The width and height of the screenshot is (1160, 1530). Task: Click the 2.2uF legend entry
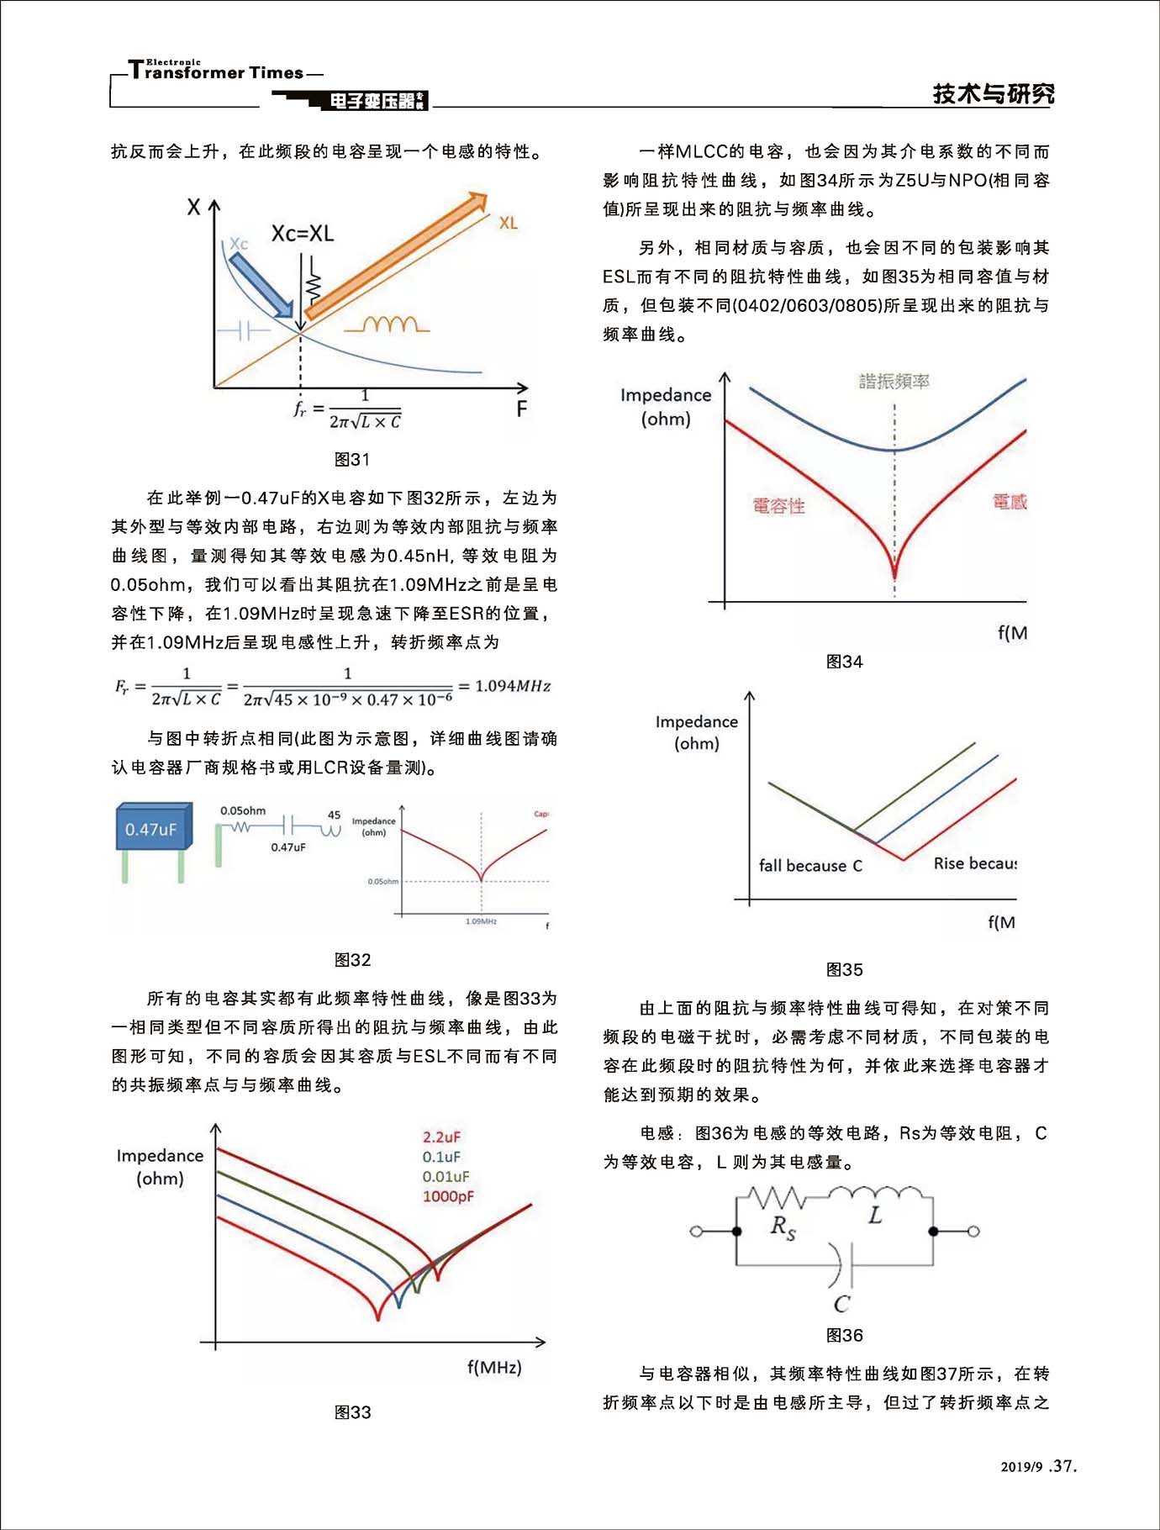[441, 1137]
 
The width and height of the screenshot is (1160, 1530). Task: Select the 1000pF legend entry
[448, 1196]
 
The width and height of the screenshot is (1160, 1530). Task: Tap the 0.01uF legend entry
[446, 1176]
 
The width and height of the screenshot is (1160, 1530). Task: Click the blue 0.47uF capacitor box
[152, 829]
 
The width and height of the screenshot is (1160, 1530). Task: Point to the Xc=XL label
[302, 233]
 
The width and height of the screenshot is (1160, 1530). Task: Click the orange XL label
[508, 223]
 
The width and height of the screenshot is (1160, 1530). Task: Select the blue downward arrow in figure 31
[261, 285]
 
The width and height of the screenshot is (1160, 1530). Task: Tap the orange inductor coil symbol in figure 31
[388, 324]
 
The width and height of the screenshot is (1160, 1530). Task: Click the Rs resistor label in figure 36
[783, 1227]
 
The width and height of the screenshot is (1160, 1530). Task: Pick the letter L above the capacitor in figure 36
[875, 1216]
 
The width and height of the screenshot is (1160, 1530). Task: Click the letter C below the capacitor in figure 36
[841, 1303]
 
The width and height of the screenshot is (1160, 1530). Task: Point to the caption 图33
[352, 1412]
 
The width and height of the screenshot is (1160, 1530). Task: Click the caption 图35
[844, 969]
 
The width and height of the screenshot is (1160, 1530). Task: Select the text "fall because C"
[810, 865]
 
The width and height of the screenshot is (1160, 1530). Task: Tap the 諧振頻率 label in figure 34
[894, 381]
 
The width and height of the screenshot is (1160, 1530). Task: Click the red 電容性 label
[778, 505]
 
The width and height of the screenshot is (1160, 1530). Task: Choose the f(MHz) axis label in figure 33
[494, 1368]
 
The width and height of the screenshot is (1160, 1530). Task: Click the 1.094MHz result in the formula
[513, 686]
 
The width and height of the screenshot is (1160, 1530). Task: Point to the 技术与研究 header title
[993, 94]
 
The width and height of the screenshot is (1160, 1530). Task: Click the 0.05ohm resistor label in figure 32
[243, 810]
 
